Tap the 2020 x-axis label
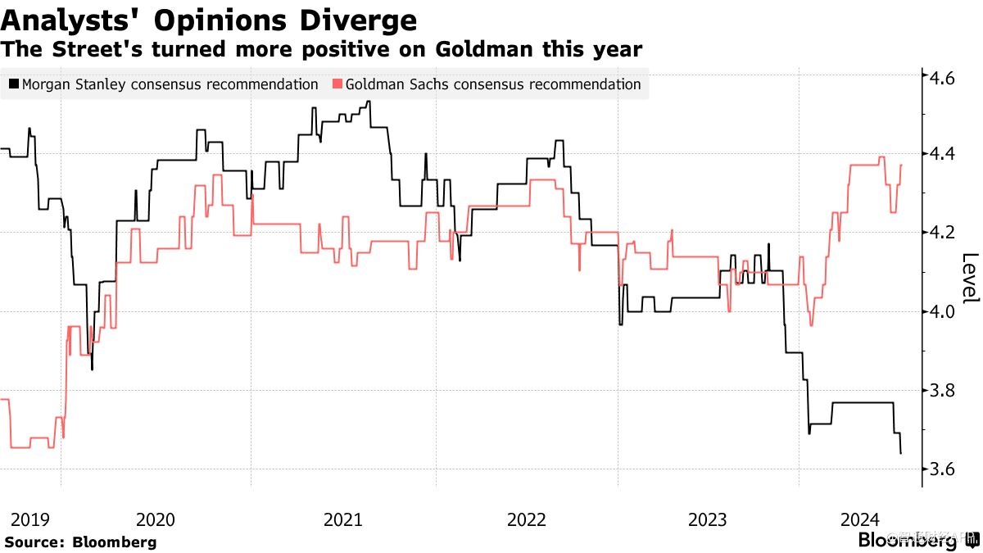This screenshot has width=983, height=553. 156,519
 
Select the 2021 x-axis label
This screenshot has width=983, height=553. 342,519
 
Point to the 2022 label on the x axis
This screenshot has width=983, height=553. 526,519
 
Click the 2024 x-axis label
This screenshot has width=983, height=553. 860,519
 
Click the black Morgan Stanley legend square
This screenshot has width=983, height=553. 13,84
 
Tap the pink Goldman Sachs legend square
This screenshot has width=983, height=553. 337,84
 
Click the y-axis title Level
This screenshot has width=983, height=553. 969,278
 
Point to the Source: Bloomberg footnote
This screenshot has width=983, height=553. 80,542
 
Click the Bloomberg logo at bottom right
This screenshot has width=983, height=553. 907,540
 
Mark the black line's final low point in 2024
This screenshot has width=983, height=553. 901,453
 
